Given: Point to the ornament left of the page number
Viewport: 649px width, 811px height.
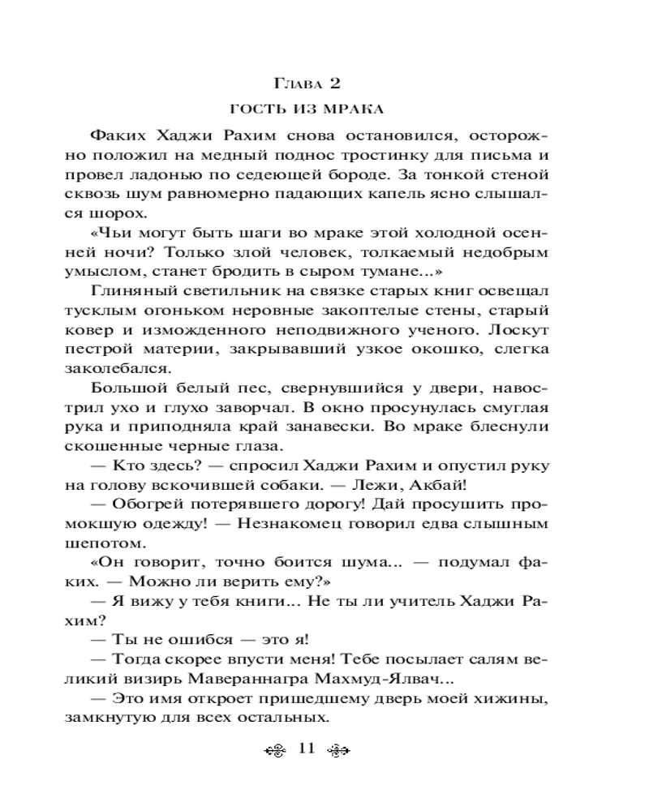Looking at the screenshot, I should (x=277, y=749).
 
